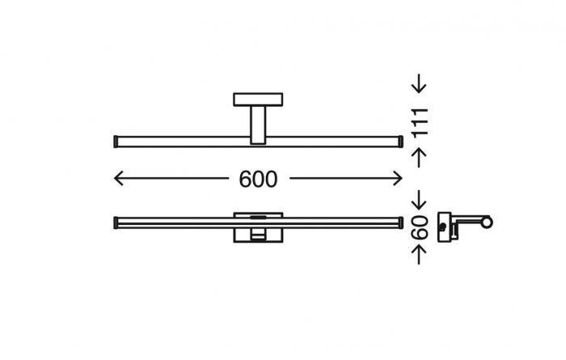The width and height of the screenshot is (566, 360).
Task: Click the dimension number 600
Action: (258, 179)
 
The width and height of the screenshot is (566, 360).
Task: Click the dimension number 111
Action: (420, 122)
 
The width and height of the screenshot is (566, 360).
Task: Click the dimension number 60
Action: (420, 227)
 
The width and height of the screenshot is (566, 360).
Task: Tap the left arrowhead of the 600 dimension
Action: (118, 178)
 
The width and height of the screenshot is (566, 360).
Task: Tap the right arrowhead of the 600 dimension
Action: (398, 178)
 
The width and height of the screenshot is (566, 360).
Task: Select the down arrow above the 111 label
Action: (419, 83)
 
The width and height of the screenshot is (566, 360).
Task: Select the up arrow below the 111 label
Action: (419, 158)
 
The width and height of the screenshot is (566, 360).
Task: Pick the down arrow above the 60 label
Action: (419, 200)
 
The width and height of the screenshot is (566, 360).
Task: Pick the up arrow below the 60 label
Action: (419, 254)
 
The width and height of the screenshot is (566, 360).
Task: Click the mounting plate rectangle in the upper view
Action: (258, 100)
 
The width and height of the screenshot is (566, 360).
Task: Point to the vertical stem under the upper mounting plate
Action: (258, 125)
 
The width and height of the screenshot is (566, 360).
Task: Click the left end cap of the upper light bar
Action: (116, 142)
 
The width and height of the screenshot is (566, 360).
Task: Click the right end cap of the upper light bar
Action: (401, 142)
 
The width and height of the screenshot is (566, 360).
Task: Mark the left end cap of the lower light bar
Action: (116, 222)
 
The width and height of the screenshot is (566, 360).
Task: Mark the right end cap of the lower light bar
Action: (401, 222)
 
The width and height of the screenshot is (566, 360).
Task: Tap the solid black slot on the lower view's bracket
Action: (258, 217)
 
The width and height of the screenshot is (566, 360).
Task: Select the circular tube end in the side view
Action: (487, 222)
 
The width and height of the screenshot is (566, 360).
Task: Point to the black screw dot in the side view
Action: (442, 227)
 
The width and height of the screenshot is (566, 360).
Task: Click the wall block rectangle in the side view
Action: (445, 227)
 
